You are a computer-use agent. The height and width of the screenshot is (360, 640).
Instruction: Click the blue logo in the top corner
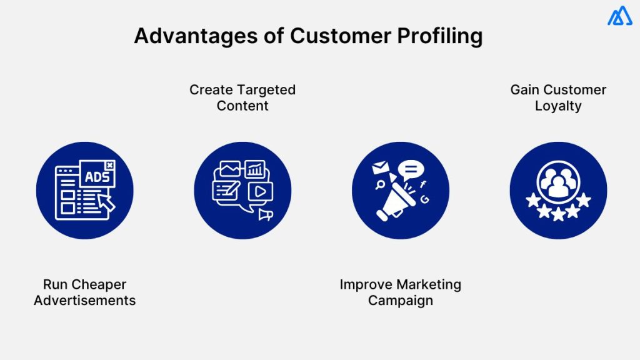click(x=619, y=16)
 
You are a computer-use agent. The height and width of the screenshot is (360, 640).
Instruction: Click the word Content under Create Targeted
click(x=242, y=106)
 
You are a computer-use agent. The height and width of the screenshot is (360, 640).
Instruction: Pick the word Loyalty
click(x=558, y=106)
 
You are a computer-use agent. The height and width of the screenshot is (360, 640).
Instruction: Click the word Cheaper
click(x=101, y=284)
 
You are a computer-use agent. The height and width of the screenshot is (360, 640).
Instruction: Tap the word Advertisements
click(x=85, y=301)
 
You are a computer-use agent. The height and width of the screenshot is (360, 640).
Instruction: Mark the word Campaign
click(x=400, y=301)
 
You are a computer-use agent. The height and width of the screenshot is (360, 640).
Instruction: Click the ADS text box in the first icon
click(x=97, y=176)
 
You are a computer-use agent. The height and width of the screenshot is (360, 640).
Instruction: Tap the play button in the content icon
click(x=260, y=191)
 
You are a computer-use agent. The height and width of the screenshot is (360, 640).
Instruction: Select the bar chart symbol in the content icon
click(x=254, y=169)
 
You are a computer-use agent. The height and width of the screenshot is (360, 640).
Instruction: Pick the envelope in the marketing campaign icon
click(x=380, y=168)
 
